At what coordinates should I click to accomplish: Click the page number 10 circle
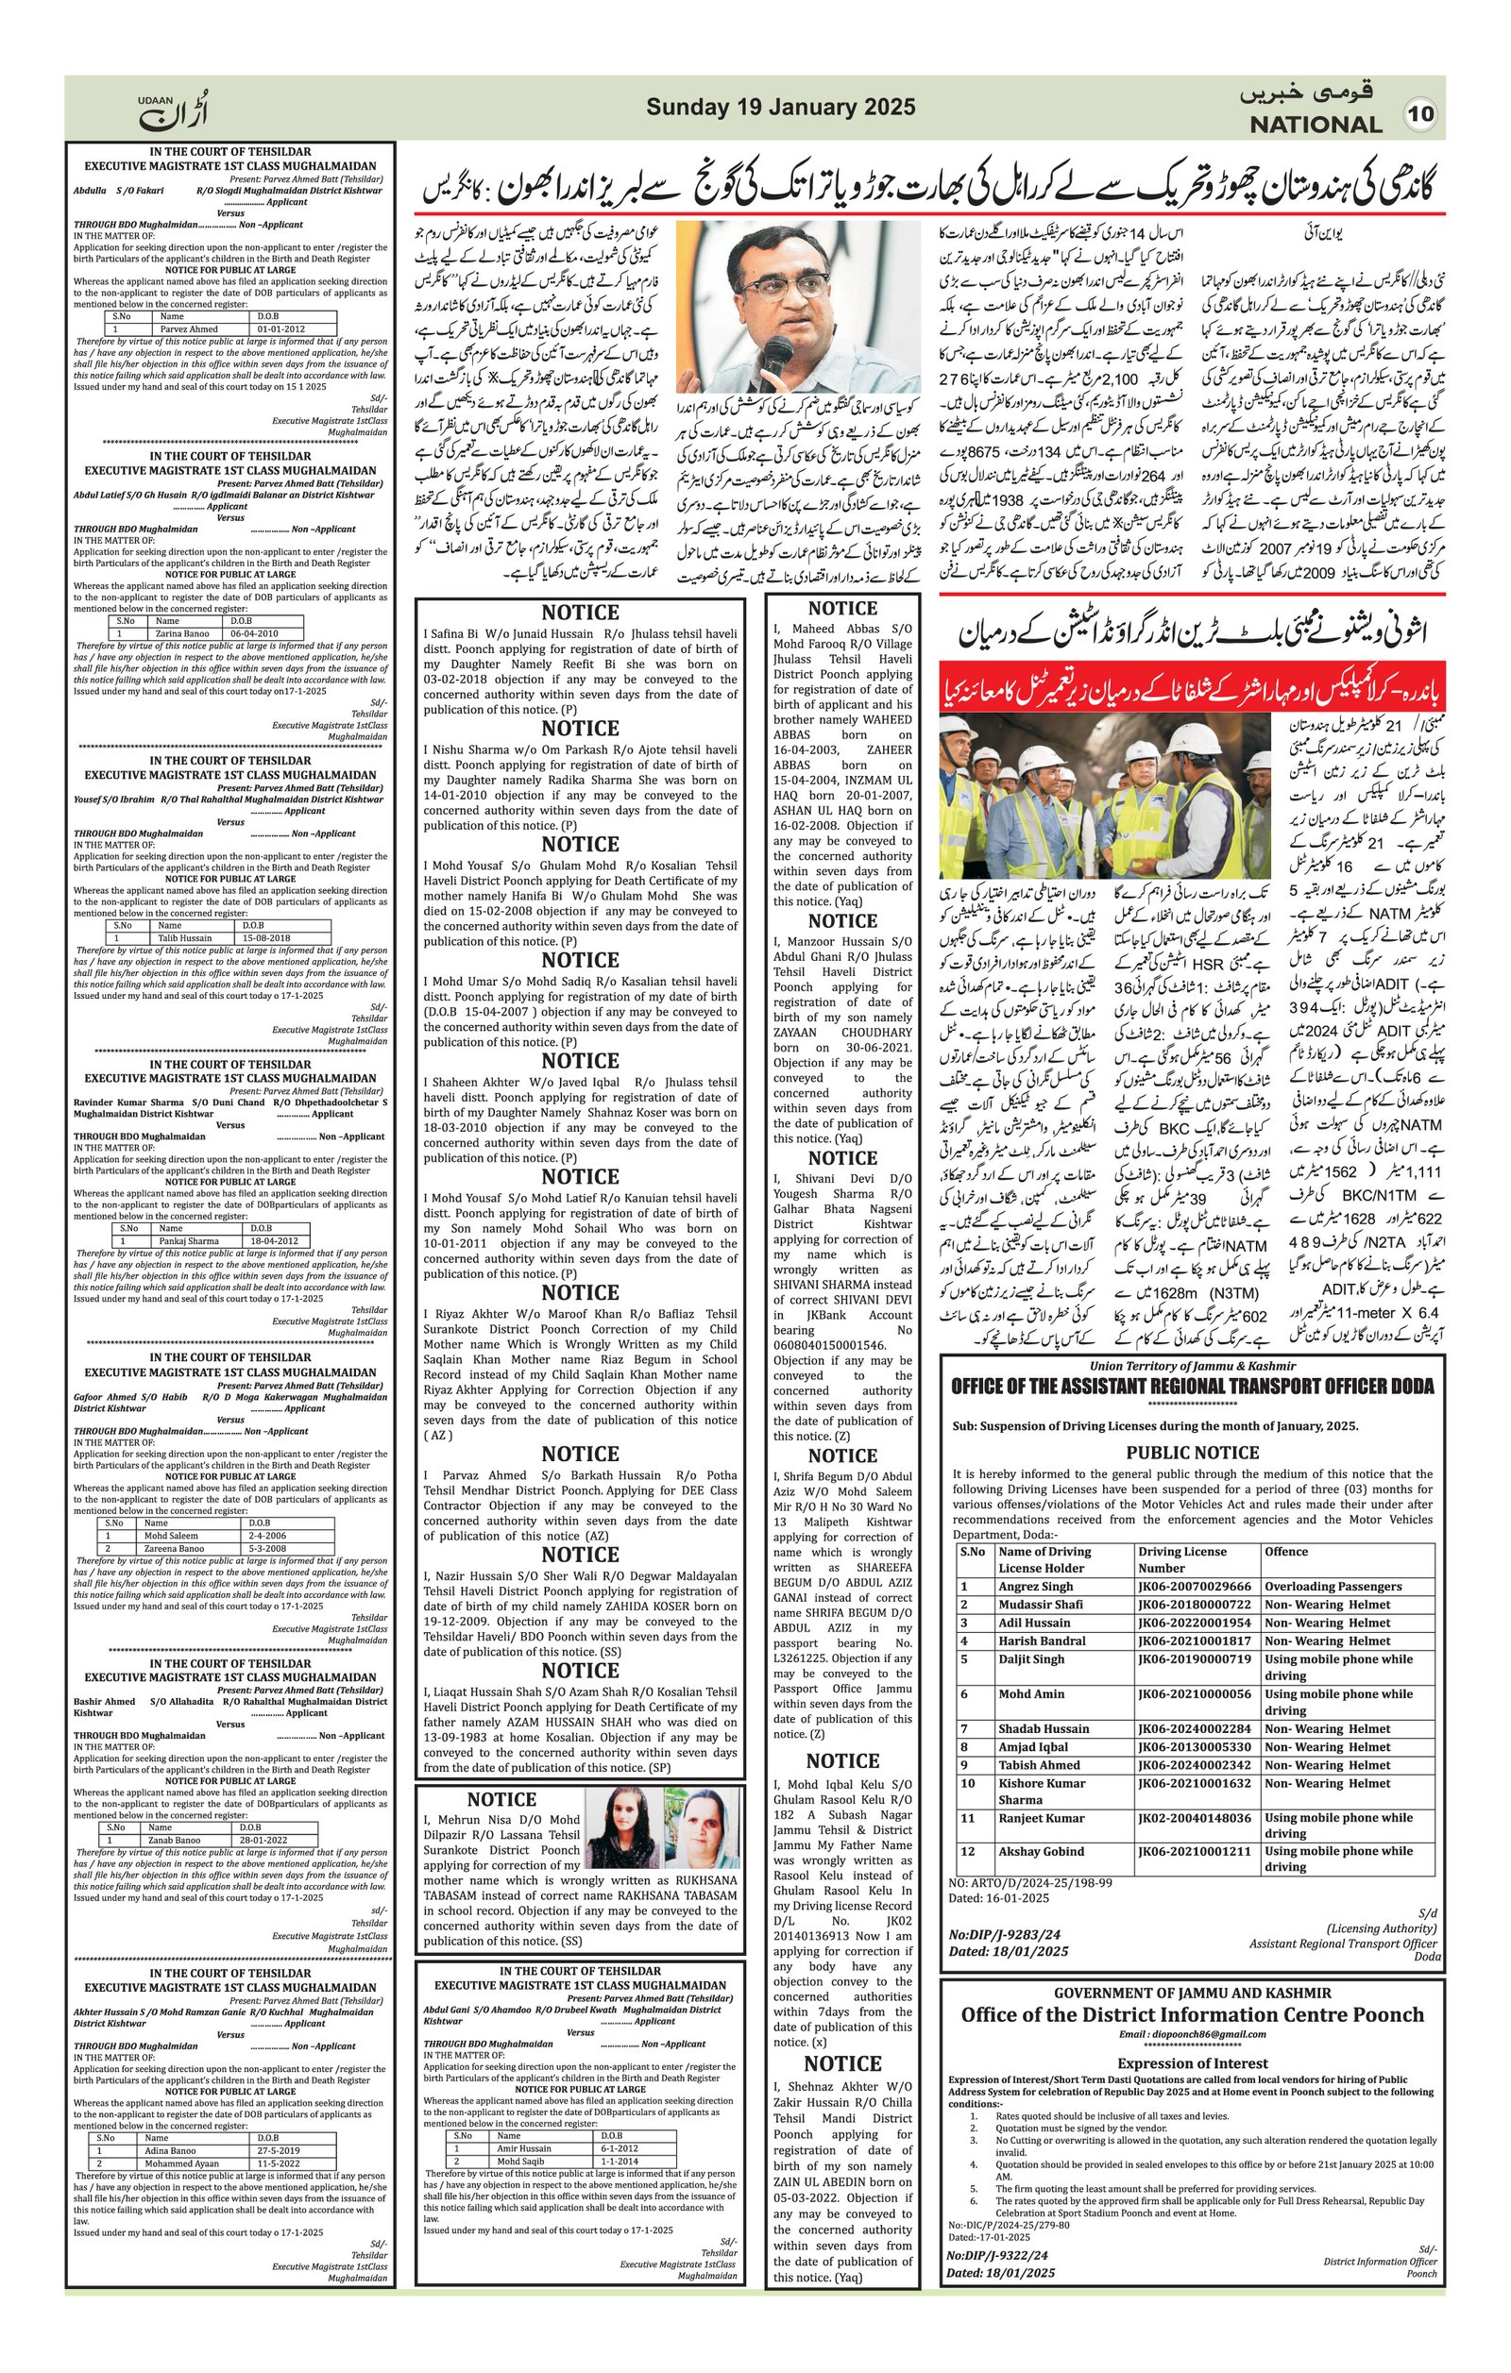tap(1420, 113)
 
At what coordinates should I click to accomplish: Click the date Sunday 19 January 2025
tap(781, 108)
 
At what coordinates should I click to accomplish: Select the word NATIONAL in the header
tap(1316, 126)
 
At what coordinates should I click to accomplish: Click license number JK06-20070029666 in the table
tap(1194, 1587)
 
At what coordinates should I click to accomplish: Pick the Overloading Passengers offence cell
tap(1333, 1587)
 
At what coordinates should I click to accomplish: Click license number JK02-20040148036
tap(1194, 1818)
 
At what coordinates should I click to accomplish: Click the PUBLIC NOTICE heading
tap(1192, 1453)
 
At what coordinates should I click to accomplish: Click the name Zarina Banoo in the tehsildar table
tap(181, 633)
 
